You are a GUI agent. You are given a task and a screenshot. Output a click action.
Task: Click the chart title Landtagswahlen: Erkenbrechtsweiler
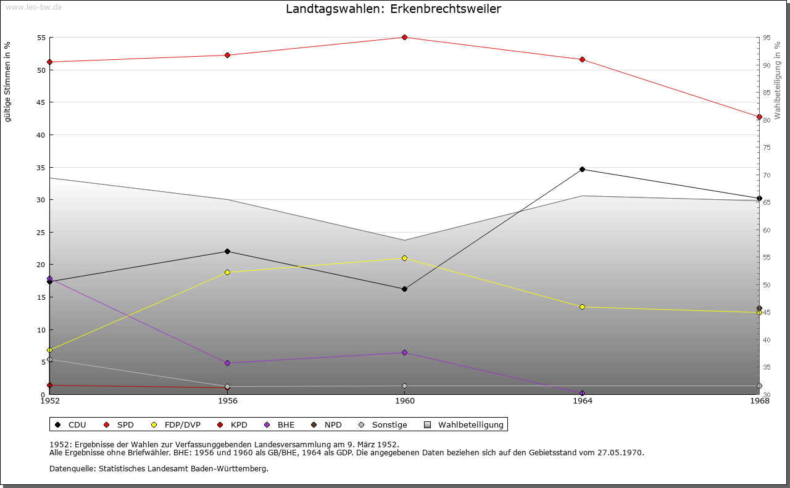point(393,9)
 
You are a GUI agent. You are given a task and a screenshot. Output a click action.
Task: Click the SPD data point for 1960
point(404,37)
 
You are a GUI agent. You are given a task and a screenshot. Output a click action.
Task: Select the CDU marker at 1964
point(582,169)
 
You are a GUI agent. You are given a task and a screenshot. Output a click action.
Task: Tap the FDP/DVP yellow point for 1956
point(227,272)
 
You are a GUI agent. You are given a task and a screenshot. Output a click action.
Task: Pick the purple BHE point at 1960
point(404,352)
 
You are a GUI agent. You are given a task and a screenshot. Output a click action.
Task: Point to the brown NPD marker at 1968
point(759,308)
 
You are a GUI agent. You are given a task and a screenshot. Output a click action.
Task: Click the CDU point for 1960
point(404,289)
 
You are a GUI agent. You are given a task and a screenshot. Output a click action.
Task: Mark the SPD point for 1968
point(759,117)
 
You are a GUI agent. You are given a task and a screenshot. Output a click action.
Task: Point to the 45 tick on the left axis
point(41,102)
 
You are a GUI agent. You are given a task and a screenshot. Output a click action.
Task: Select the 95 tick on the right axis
point(766,38)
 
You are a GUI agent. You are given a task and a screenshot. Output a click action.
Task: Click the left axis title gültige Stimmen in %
point(8,81)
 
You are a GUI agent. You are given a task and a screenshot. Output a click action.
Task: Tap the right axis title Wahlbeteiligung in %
point(778,80)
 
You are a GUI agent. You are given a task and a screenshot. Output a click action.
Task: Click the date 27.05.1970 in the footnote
point(620,452)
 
